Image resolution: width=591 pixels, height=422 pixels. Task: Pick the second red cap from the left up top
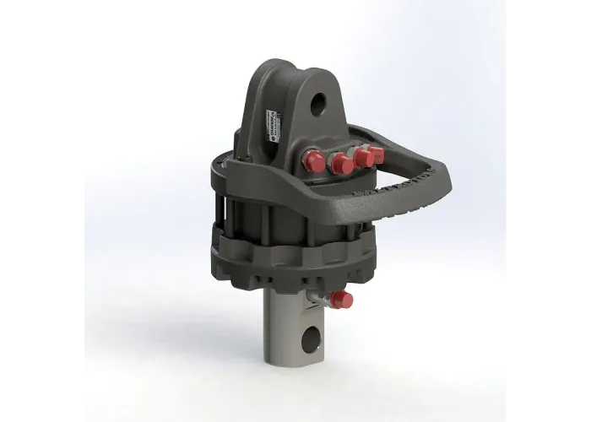pyautogui.click(x=342, y=163)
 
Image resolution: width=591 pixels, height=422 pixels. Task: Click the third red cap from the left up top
pyautogui.click(x=363, y=157)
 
